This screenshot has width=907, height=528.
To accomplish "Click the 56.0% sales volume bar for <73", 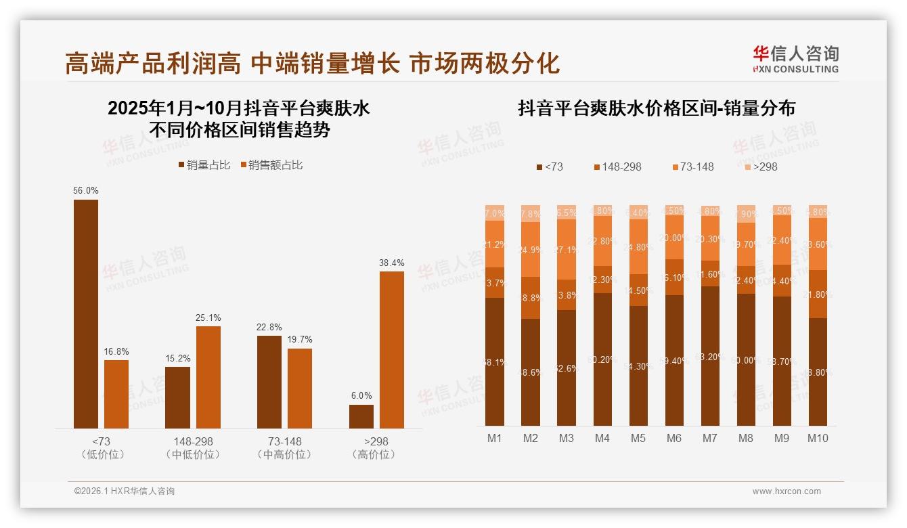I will point(86,313).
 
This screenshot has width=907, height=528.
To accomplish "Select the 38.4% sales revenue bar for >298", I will point(391,349).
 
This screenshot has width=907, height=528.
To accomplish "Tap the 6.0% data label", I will point(361,396).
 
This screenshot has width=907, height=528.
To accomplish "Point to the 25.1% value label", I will point(208,317).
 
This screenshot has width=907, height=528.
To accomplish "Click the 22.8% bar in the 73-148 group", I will point(269,382).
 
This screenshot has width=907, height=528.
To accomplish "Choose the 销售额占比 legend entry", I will point(271,165).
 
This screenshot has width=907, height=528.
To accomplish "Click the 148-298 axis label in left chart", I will point(193,441).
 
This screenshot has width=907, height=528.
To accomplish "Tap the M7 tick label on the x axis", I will point(709,439).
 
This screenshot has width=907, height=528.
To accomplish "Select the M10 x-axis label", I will point(818,439).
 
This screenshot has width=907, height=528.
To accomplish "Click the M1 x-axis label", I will point(495,439).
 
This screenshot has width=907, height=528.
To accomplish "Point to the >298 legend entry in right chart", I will point(761,167).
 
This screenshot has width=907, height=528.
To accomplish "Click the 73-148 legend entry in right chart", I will point(693,167).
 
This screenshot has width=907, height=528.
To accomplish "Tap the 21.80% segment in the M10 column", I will point(818,294).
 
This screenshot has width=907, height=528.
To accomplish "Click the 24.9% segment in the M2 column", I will point(531,249).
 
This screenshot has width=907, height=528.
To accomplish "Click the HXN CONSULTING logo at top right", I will point(795,59).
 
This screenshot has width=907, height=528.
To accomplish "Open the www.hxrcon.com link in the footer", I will point(787,491).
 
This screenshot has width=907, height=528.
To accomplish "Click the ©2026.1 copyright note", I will point(125,491).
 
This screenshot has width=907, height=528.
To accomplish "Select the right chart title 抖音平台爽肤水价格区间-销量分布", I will point(656,108).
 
